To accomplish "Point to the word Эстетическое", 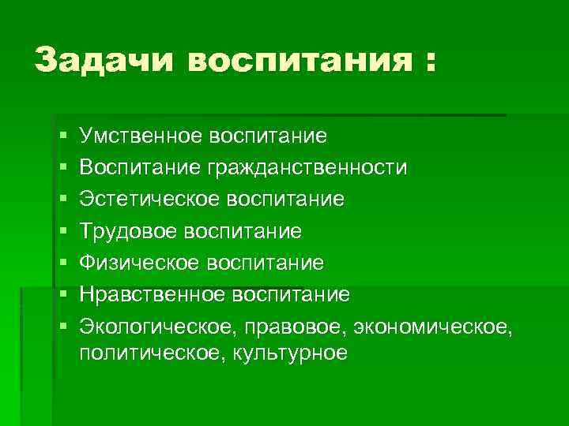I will (x=149, y=199).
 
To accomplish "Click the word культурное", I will (x=289, y=353).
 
